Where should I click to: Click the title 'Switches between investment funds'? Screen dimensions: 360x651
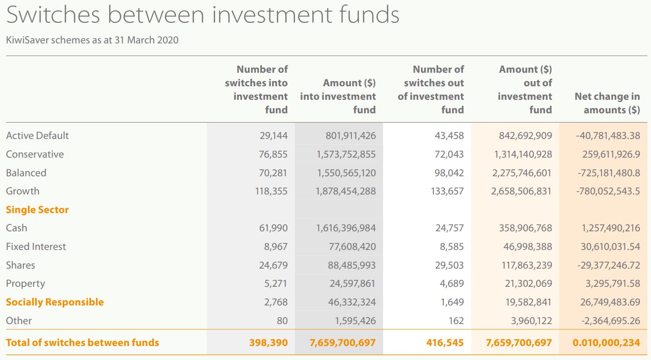[203, 15]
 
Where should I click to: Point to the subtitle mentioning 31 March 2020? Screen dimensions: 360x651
[92, 40]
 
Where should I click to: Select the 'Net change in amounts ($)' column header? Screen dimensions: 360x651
[607, 103]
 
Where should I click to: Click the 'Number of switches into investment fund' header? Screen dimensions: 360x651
[256, 90]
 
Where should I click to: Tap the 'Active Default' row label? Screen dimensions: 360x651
[37, 136]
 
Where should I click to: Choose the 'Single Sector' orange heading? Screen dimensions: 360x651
[37, 210]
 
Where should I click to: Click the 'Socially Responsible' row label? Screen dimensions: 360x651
[55, 302]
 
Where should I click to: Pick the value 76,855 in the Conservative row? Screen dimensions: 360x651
[273, 154]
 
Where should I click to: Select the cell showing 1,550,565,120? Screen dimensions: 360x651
[346, 173]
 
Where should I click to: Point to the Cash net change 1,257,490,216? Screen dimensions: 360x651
[610, 228]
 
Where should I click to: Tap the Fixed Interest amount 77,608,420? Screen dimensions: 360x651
[352, 247]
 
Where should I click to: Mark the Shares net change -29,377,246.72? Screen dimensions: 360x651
[609, 265]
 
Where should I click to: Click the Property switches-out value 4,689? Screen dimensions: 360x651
[451, 284]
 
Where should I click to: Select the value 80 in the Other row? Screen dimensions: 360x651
[281, 321]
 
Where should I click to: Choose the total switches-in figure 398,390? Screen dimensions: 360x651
[268, 343]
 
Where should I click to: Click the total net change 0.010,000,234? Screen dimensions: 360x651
[606, 343]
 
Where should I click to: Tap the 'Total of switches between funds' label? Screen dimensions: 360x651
[82, 343]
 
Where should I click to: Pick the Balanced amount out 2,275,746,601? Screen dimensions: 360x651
[522, 173]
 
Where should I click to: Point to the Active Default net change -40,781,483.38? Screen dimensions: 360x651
[608, 136]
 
